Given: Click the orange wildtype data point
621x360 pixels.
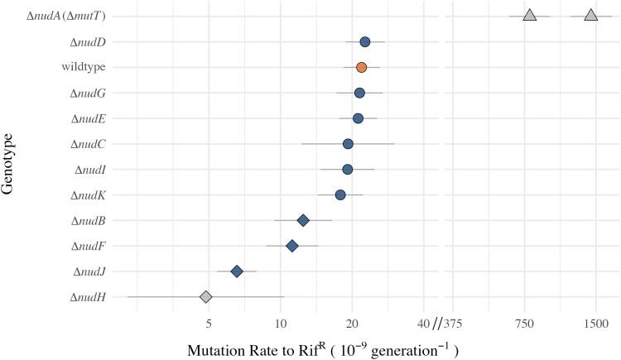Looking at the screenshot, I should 361,67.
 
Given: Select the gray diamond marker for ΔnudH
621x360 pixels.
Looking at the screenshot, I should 206,296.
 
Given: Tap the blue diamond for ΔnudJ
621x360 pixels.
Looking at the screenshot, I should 237,271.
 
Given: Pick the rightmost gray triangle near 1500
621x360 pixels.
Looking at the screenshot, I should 590,16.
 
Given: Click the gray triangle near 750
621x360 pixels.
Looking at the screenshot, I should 530,16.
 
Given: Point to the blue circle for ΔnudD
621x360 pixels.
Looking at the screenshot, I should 365,41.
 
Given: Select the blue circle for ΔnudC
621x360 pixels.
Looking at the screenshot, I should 349,144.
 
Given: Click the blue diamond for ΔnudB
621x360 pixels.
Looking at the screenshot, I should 303,220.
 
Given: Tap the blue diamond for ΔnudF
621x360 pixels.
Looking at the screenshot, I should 292,246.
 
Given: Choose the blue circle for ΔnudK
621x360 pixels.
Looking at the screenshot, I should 340,194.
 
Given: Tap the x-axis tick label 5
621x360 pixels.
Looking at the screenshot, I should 209,322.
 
